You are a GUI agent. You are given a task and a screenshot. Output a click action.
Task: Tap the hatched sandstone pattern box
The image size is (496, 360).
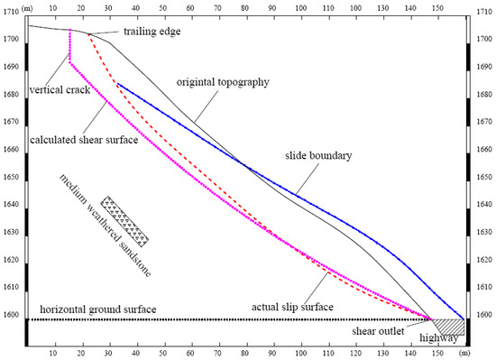(x=125, y=220)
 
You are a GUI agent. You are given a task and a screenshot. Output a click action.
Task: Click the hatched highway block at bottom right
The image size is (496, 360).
(x=449, y=326)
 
